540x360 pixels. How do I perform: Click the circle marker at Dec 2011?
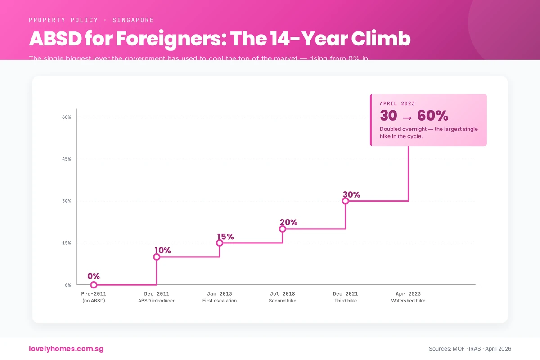[x=157, y=257]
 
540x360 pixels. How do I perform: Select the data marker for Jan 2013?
[x=220, y=243]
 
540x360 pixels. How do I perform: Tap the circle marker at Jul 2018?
[x=283, y=229]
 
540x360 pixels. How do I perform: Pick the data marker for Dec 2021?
[x=346, y=201]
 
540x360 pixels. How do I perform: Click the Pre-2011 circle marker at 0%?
[x=94, y=285]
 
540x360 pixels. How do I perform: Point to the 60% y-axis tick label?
[x=66, y=117]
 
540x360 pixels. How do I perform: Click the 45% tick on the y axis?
[x=66, y=159]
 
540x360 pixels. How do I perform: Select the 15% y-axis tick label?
[x=66, y=243]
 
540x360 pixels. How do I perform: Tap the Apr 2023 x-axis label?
[x=408, y=294]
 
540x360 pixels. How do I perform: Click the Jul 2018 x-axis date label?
[x=283, y=294]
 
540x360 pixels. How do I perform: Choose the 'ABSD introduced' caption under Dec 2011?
[x=157, y=301]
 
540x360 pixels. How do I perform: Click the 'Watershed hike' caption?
[x=408, y=301]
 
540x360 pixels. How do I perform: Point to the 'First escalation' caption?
[x=220, y=301]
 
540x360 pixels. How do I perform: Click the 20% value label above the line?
[x=288, y=222]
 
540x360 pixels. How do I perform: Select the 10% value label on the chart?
[x=162, y=251]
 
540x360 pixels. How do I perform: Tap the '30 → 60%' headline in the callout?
[x=414, y=116]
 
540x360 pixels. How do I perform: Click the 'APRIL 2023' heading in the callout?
[x=397, y=103]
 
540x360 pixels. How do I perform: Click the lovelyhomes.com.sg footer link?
[x=66, y=349]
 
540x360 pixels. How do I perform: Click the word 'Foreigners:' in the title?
[x=171, y=40]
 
